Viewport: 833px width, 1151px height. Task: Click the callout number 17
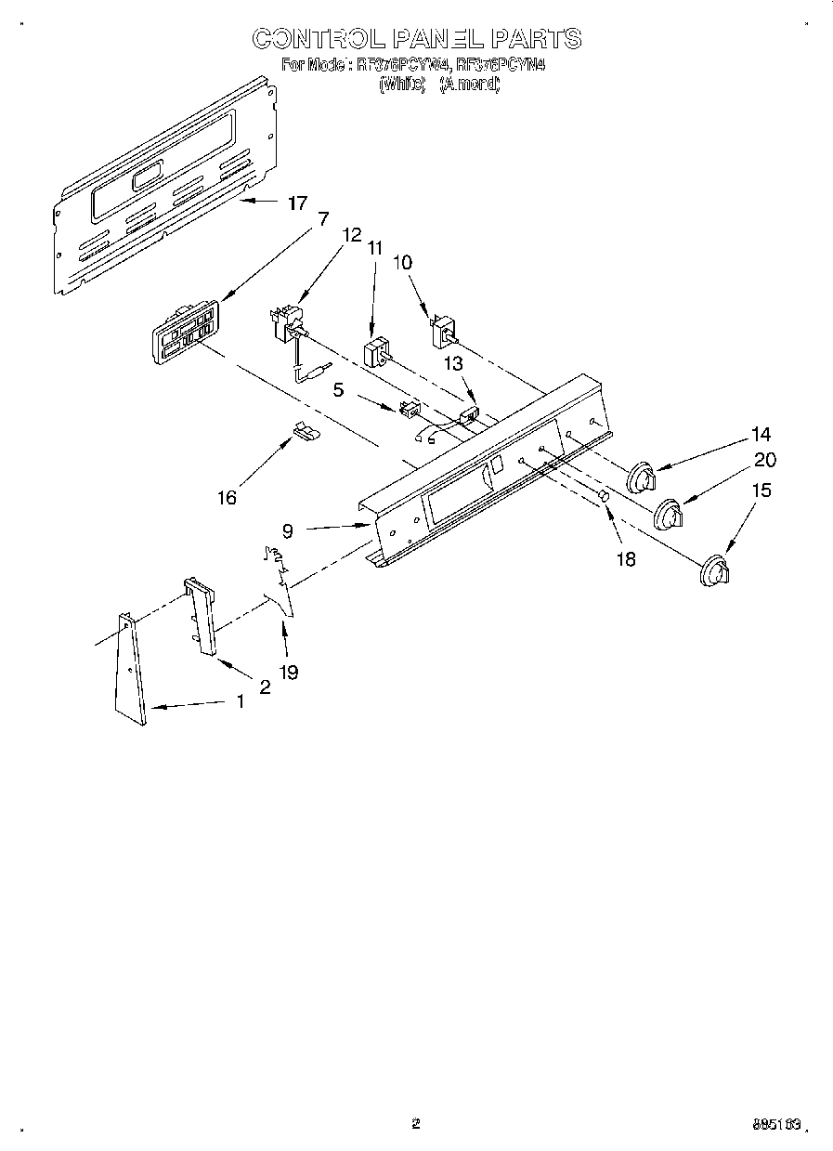point(296,203)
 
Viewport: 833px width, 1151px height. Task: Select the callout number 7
point(322,219)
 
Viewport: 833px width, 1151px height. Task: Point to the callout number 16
point(227,498)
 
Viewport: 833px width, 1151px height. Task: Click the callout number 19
point(289,672)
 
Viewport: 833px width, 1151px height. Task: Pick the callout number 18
point(626,559)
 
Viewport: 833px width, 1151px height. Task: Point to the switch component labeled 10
point(442,332)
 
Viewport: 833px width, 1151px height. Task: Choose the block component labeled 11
point(377,355)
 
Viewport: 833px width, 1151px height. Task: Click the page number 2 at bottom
point(415,1124)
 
